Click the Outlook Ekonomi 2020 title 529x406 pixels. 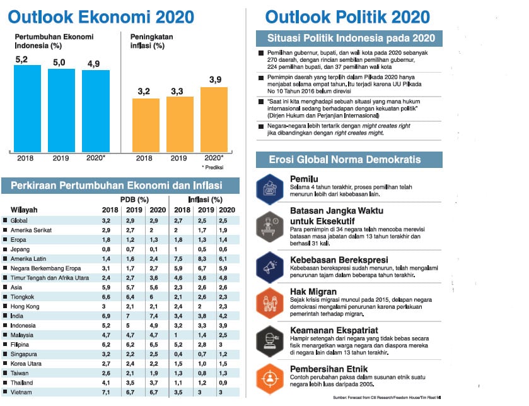point(102,17)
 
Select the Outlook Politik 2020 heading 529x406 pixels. point(348,17)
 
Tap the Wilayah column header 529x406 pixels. point(25,210)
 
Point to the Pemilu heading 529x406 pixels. point(304,179)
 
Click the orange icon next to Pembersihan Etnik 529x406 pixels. point(269,378)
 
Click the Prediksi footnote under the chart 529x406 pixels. point(212,167)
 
